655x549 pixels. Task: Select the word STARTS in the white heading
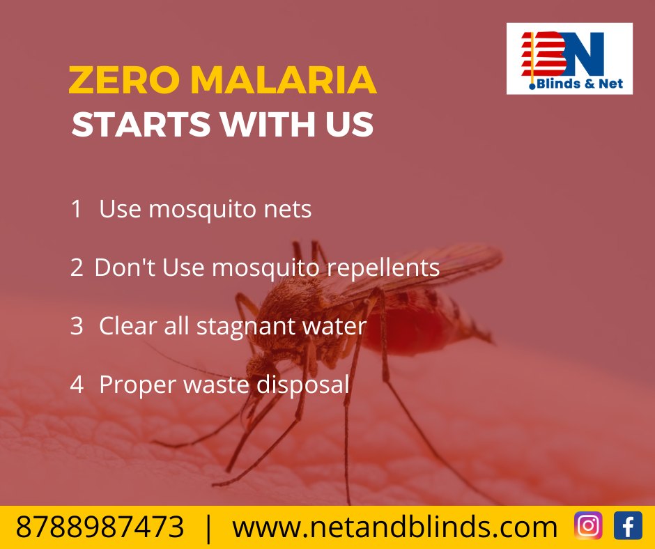[x=141, y=124]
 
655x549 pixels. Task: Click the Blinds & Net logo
[x=569, y=59]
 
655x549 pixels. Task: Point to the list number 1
[x=76, y=209]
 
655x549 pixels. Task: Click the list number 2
[x=77, y=268]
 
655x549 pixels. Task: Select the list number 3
[x=77, y=326]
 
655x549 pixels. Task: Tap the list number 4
[x=77, y=385]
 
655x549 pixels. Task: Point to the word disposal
[x=303, y=385]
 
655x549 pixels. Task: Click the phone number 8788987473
[x=100, y=527]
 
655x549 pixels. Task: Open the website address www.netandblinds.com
[x=395, y=527]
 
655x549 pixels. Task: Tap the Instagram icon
[x=588, y=525]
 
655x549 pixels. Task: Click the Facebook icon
[x=628, y=525]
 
